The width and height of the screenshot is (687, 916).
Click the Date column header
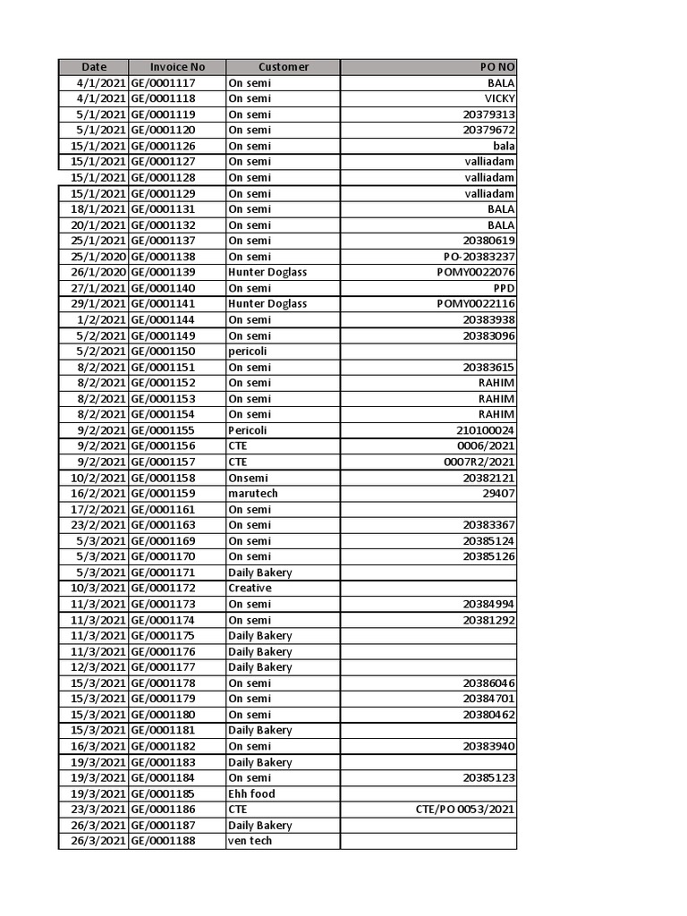coord(94,67)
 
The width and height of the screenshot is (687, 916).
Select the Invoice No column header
coord(177,67)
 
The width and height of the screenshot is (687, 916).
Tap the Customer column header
coord(283,67)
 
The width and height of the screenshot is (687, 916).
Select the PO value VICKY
coord(499,98)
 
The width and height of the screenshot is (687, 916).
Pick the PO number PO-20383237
coord(473,257)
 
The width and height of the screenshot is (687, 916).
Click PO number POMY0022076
coord(476,272)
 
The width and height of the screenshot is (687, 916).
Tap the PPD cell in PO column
coord(504,288)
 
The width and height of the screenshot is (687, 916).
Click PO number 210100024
coord(485,430)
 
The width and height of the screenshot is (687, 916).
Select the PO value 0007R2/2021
coord(479,462)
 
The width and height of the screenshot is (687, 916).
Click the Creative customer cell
coord(250,588)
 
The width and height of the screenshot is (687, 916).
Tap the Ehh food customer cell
coord(251,793)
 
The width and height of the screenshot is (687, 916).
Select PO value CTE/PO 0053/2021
coord(465,810)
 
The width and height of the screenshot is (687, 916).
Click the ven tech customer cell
coord(250,841)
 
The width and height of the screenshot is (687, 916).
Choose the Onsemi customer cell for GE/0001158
coord(248,478)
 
